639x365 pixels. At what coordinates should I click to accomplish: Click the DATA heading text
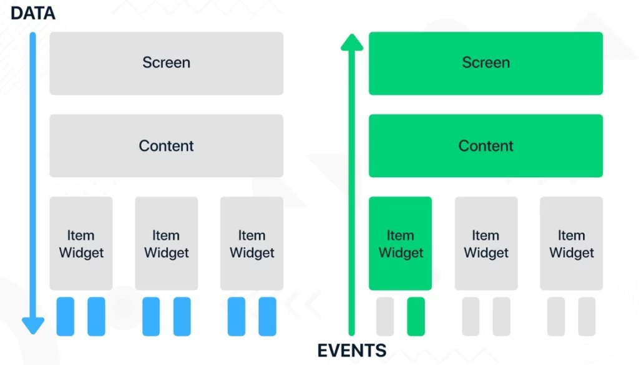(32, 13)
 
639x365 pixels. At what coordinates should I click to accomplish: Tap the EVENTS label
(352, 350)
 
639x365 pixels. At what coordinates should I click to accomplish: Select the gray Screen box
(166, 63)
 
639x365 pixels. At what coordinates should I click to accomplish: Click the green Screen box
(485, 63)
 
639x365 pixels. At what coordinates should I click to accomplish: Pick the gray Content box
(166, 146)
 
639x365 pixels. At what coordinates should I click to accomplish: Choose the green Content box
(485, 146)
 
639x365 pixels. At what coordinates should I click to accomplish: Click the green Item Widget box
(400, 243)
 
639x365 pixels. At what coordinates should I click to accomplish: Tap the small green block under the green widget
(416, 316)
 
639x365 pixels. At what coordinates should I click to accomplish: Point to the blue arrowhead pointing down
(33, 326)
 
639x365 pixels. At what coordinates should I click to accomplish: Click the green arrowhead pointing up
(352, 42)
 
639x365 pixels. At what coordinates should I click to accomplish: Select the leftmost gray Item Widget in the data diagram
(81, 243)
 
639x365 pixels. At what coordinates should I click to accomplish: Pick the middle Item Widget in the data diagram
(166, 243)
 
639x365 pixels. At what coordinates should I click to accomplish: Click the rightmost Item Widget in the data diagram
(252, 243)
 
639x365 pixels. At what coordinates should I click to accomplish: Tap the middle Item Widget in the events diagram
(486, 243)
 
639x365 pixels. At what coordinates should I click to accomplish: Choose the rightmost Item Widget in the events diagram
(572, 243)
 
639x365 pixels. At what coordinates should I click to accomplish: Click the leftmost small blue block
(65, 316)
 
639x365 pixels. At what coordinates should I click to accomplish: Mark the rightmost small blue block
(267, 316)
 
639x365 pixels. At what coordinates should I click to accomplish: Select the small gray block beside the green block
(385, 316)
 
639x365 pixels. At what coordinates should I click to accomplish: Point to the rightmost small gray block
(587, 316)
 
